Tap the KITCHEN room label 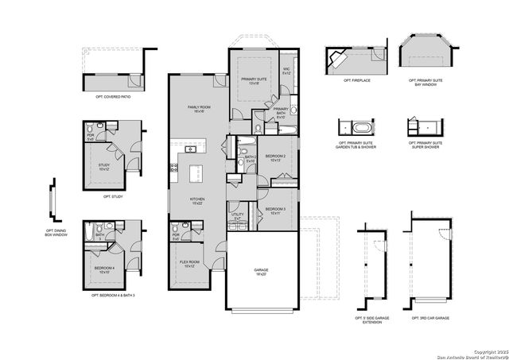[197, 200]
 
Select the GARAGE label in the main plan [261, 272]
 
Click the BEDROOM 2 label [275, 157]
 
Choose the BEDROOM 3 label [275, 211]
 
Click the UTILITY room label [237, 216]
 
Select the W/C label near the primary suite [287, 71]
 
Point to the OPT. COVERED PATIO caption [112, 96]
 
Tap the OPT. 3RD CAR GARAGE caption [430, 317]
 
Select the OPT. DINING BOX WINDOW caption [54, 233]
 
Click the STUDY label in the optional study [103, 167]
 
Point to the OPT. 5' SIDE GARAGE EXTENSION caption [371, 319]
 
